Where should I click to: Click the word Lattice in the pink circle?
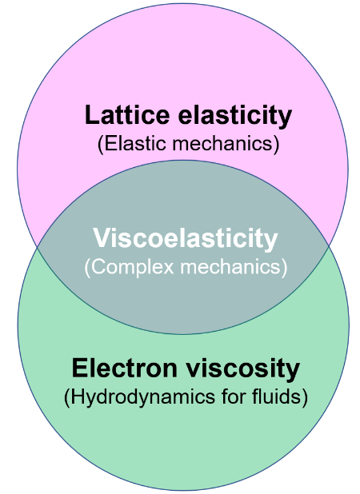[127, 114]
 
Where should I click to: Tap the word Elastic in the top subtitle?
[135, 144]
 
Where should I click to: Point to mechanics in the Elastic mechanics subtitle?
[222, 144]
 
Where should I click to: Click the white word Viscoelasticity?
[186, 238]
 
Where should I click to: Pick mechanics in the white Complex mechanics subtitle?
[230, 266]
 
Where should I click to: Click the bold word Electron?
[125, 368]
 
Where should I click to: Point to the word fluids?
[277, 396]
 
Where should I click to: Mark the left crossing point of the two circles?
[38, 247]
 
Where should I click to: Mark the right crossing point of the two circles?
[329, 245]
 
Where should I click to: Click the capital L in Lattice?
[92, 114]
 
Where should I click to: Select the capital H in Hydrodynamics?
[78, 396]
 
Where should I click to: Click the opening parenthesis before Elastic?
[101, 145]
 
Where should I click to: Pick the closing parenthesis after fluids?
[305, 397]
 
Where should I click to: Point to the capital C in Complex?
[98, 267]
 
